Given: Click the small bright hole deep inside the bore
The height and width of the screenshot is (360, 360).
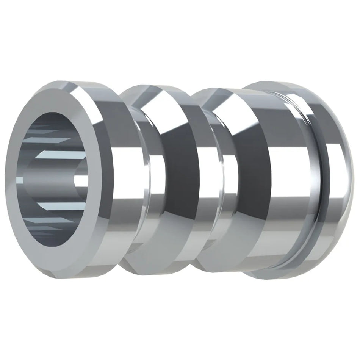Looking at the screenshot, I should (80, 181).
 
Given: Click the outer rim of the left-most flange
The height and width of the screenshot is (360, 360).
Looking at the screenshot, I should (114, 182).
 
